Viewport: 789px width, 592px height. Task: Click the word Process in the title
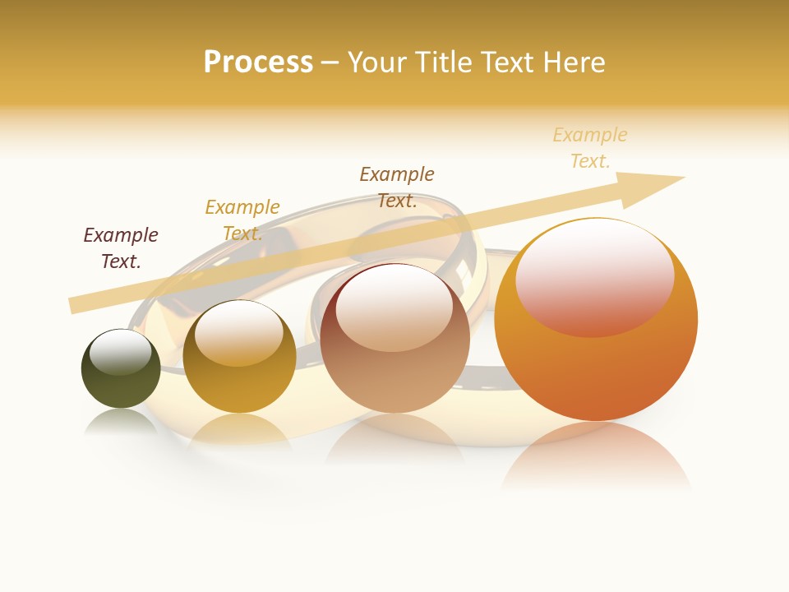point(258,62)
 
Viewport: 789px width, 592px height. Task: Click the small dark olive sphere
point(121,378)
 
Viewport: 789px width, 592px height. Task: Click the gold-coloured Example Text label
point(242,220)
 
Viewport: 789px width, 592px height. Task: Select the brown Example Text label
point(397,187)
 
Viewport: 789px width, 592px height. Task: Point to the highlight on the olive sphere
point(121,352)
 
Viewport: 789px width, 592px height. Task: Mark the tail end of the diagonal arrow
point(74,306)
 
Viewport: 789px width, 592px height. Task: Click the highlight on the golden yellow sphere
point(239,334)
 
